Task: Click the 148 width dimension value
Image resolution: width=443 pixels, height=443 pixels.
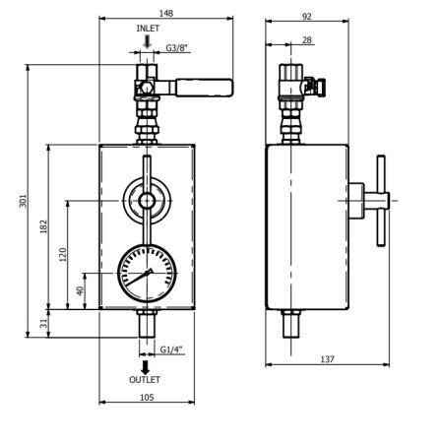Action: point(166,13)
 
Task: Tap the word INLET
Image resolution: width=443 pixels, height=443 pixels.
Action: point(148,29)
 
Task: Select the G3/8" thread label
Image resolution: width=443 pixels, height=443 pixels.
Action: point(177,48)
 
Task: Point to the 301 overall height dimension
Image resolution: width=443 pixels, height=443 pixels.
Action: point(23,201)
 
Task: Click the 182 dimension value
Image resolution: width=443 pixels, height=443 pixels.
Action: point(43,226)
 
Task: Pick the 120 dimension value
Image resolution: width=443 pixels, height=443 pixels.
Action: point(62,255)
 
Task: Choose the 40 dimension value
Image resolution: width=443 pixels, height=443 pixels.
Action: point(80,290)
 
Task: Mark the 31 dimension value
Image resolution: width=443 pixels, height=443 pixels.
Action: point(43,324)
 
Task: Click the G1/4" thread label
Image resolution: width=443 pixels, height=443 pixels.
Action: point(171,349)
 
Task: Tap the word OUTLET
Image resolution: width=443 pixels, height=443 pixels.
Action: point(145,380)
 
